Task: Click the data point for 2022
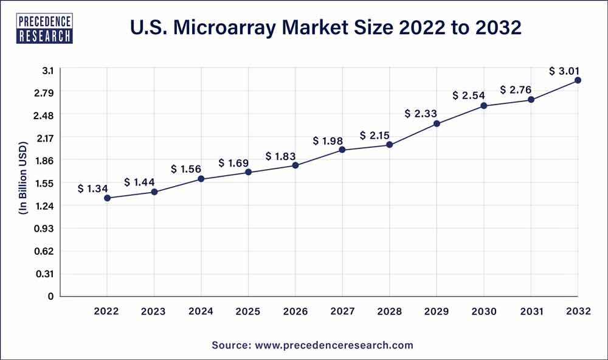tap(107, 198)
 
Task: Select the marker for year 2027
tap(342, 150)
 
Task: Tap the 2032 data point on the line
tap(578, 80)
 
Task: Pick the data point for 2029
tap(437, 124)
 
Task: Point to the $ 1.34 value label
tap(92, 189)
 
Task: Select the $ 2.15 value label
tap(375, 135)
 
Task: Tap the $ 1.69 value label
tap(233, 163)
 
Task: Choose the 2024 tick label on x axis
tap(201, 311)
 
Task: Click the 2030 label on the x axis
tap(483, 311)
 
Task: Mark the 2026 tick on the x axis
tap(295, 311)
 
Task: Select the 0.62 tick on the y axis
tap(46, 251)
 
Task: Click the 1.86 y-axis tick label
tap(46, 161)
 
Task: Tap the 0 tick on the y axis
tap(51, 296)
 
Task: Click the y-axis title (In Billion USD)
tap(23, 182)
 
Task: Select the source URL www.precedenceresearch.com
tap(333, 345)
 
